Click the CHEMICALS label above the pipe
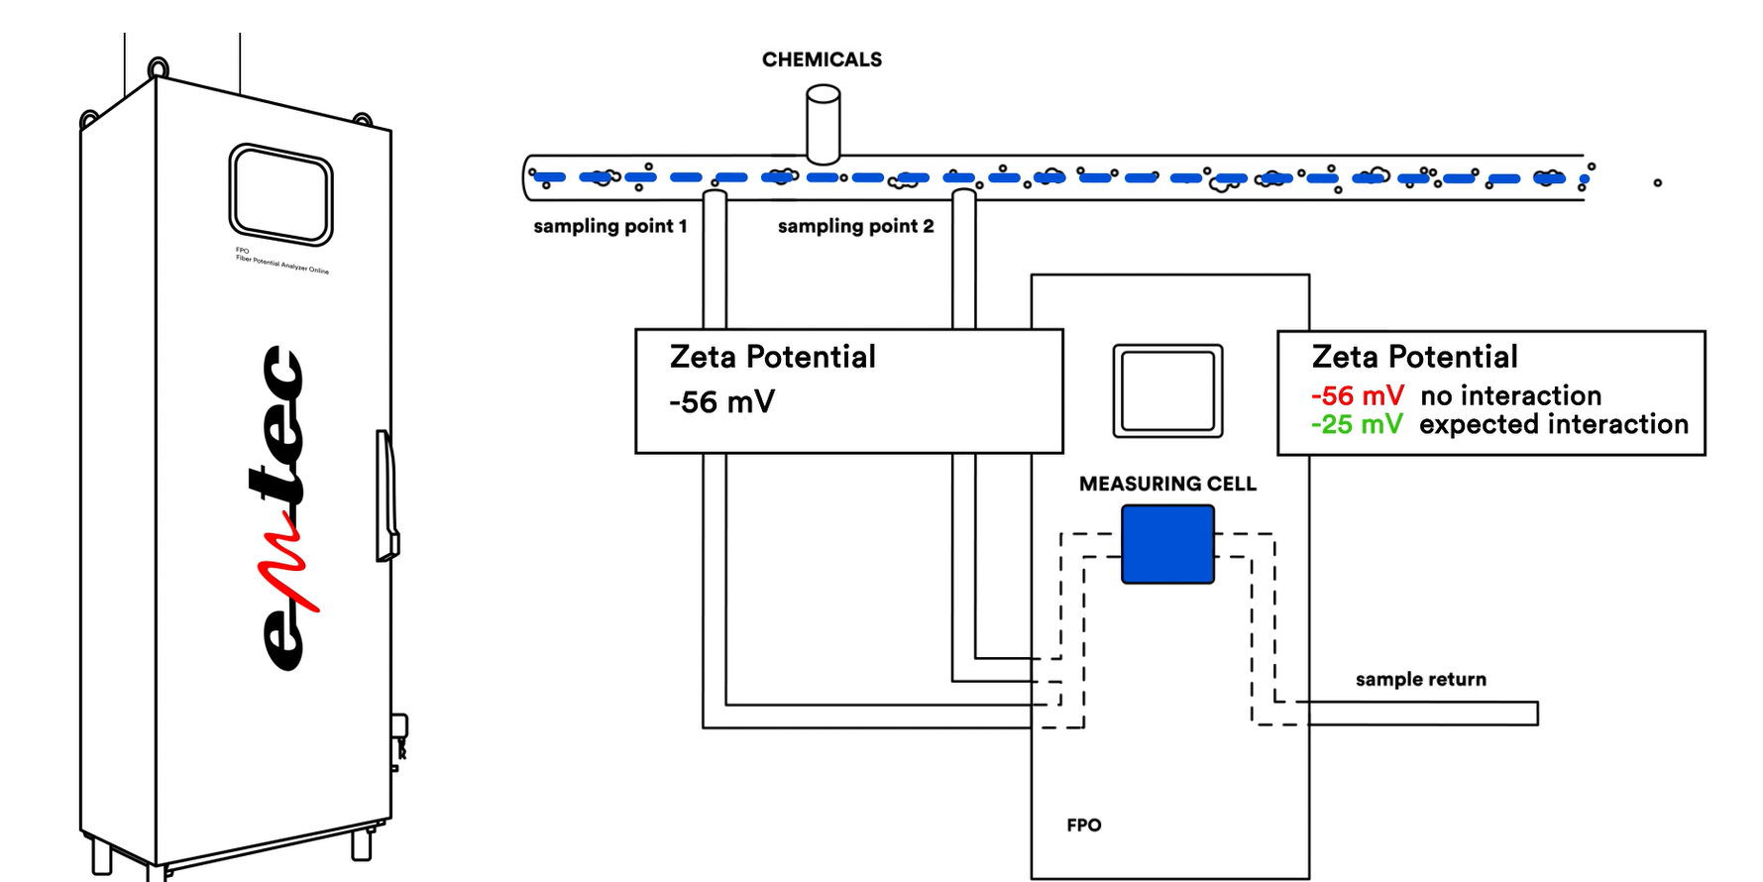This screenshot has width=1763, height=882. point(822,59)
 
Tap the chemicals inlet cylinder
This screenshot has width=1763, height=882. point(823,124)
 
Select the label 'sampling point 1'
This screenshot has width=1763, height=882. point(609,226)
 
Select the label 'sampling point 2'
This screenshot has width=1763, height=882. point(855,226)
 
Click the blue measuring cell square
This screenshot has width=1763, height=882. point(1167,544)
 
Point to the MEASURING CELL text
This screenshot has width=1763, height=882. point(1167,484)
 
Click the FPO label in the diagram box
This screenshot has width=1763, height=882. point(1083,825)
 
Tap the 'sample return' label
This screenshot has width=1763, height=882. point(1420,679)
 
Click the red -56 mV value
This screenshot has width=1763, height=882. point(1357,395)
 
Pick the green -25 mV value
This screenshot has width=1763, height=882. point(1356,424)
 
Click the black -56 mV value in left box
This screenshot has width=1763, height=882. point(721,401)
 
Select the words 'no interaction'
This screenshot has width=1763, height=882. point(1510,395)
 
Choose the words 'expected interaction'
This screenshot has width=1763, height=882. point(1553,424)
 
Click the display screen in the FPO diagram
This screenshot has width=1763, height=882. point(1167,390)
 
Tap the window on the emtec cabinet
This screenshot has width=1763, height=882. point(280,194)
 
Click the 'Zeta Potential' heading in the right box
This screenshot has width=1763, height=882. point(1414,357)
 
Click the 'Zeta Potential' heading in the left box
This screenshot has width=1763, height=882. point(772,357)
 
